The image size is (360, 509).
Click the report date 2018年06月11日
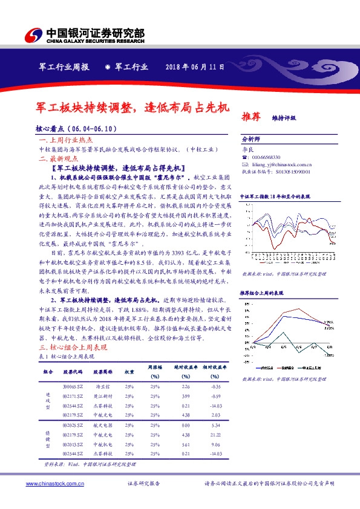tap(195, 68)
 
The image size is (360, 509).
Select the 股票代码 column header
tap(74, 373)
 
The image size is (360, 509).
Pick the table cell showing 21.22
tap(215, 434)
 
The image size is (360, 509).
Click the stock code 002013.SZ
tap(74, 443)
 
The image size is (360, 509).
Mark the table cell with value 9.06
tap(215, 443)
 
